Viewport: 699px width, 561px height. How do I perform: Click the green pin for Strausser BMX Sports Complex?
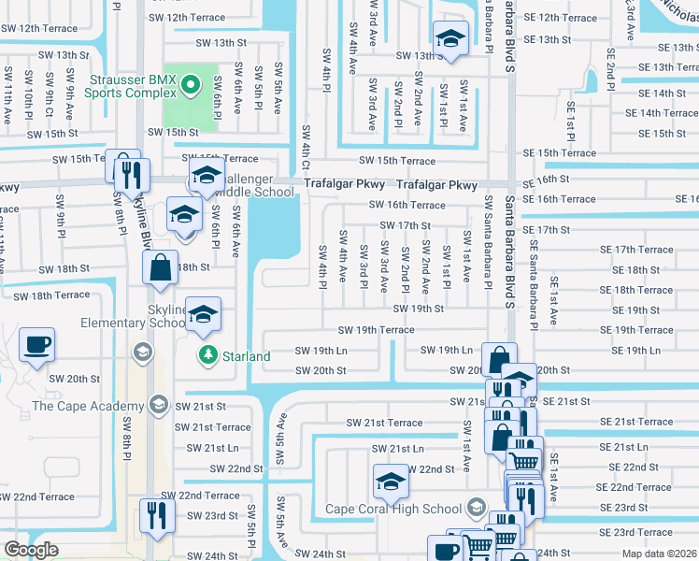[191, 85]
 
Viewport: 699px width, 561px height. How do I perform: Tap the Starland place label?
[247, 356]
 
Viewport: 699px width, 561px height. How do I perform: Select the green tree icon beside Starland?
[207, 355]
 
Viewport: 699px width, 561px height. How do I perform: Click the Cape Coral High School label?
[393, 509]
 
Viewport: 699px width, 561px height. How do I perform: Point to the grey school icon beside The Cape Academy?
[158, 405]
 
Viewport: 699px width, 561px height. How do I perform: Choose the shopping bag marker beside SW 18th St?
[160, 267]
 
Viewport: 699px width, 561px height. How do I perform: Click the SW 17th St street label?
[405, 225]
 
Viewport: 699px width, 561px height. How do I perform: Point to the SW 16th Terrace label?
[407, 205]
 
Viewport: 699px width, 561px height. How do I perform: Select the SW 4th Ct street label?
[305, 149]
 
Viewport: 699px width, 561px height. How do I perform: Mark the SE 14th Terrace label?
[661, 113]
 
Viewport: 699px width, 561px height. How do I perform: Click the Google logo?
[32, 550]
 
